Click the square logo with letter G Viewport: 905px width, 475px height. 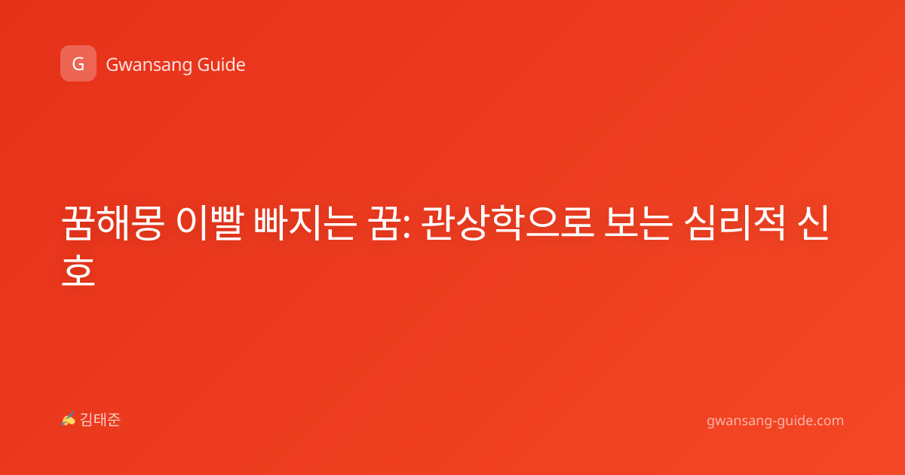click(78, 63)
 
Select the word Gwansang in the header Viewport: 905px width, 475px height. click(149, 66)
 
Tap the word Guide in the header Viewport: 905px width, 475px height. click(222, 65)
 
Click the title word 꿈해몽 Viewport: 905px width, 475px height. click(112, 223)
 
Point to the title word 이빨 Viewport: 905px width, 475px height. click(210, 223)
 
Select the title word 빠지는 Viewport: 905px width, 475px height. click(305, 223)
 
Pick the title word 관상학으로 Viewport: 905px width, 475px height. click(508, 223)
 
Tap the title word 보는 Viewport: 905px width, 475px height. click(639, 223)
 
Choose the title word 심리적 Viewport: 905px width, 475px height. click(735, 223)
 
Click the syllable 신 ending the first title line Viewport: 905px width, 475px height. click(814, 223)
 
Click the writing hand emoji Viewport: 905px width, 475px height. click(68, 419)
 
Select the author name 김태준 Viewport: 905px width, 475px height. click(100, 420)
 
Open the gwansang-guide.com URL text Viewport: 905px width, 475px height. click(775, 421)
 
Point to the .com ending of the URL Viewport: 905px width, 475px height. click(828, 421)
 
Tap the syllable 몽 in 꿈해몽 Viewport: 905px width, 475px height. click(147, 223)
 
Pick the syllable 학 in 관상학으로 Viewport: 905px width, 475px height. click(507, 223)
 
